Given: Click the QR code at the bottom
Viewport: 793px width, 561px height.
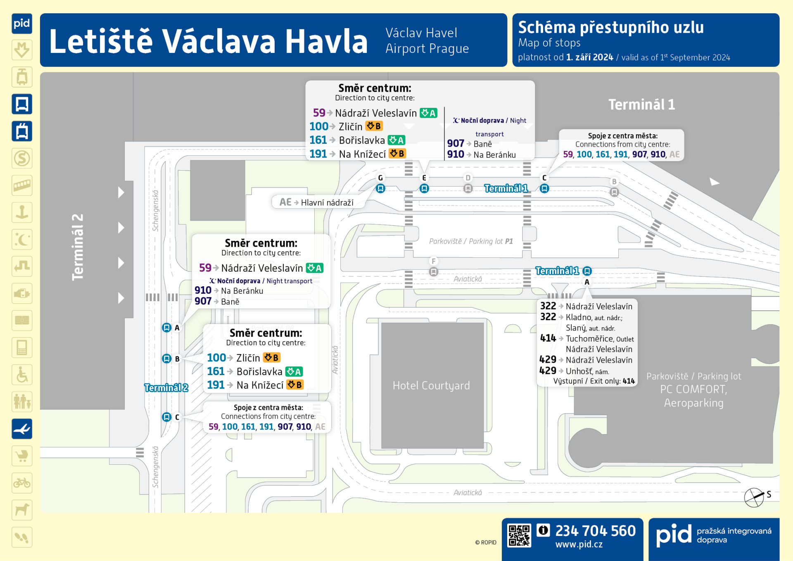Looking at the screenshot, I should (x=519, y=536).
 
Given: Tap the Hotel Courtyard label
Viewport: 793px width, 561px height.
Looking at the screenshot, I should (x=431, y=385).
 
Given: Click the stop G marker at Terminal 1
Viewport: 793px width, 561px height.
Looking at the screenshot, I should (x=380, y=188).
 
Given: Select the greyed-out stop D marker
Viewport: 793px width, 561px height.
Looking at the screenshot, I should (x=468, y=188).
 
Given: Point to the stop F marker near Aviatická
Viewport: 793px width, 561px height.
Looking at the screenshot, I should (x=433, y=271).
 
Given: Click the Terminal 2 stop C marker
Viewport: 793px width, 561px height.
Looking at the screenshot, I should (x=166, y=417).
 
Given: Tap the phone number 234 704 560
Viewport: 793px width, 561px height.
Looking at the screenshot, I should (x=595, y=531).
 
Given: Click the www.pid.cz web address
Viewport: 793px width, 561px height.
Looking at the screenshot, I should (x=579, y=544).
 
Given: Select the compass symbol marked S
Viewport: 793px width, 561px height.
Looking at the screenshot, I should (x=755, y=497).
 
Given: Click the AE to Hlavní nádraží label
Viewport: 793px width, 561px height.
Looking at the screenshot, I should (x=317, y=202).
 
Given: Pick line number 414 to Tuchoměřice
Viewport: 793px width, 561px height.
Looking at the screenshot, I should (x=548, y=338).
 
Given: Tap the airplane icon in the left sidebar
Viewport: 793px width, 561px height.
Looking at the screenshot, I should (x=22, y=429).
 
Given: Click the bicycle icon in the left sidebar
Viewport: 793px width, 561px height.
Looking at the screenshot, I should (x=22, y=483).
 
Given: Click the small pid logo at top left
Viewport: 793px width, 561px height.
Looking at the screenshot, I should (x=22, y=23).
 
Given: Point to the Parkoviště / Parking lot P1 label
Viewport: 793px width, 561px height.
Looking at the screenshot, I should (x=471, y=241).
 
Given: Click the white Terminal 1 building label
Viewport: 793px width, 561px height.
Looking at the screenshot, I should (x=641, y=105).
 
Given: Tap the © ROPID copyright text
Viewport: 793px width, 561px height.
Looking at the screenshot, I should (x=486, y=542).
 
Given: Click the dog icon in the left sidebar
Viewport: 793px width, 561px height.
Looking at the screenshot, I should (x=22, y=510).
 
